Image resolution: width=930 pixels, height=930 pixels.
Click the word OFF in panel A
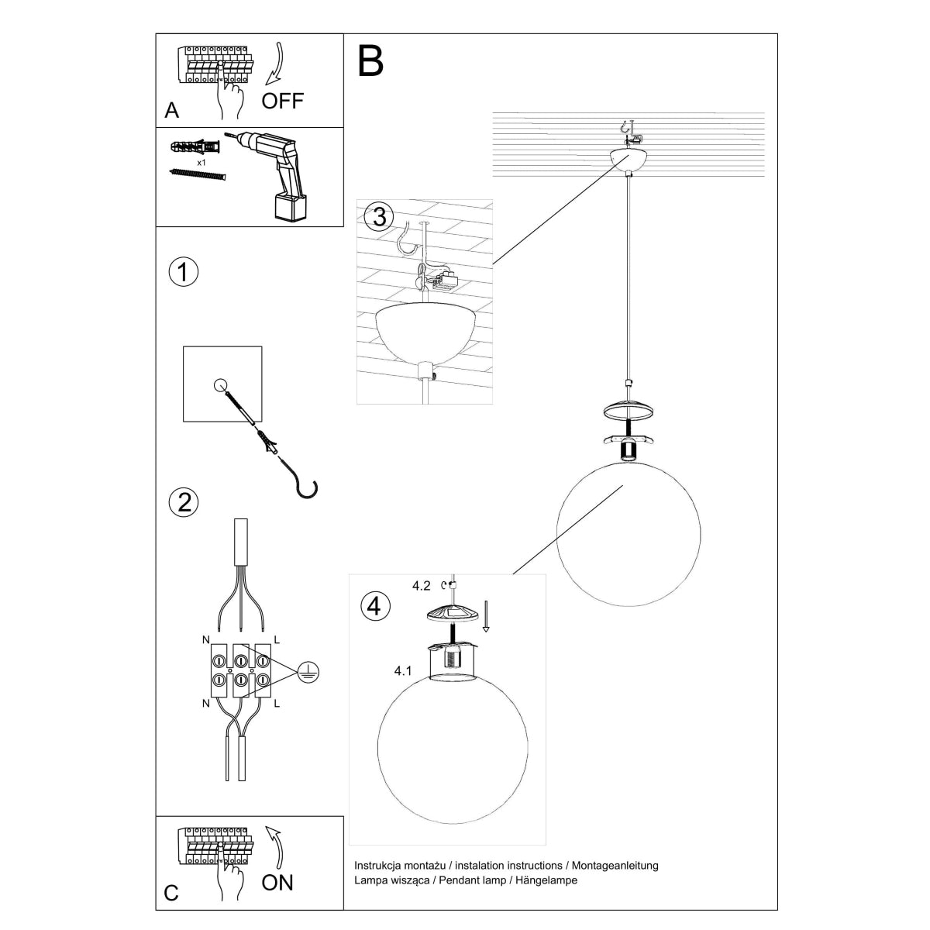tap(283, 100)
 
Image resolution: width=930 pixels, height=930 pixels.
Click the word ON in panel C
tap(277, 883)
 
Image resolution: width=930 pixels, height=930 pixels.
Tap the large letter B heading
tap(371, 60)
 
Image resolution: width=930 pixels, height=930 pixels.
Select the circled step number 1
tap(183, 273)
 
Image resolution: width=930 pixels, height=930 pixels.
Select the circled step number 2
tap(183, 502)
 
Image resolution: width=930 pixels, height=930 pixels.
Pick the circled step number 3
tap(378, 217)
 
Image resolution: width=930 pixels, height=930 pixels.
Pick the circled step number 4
tap(375, 605)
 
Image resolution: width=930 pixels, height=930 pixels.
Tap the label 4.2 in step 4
tap(421, 586)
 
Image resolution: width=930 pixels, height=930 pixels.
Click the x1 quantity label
tap(201, 164)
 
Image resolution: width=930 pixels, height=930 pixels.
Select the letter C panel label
tap(171, 894)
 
